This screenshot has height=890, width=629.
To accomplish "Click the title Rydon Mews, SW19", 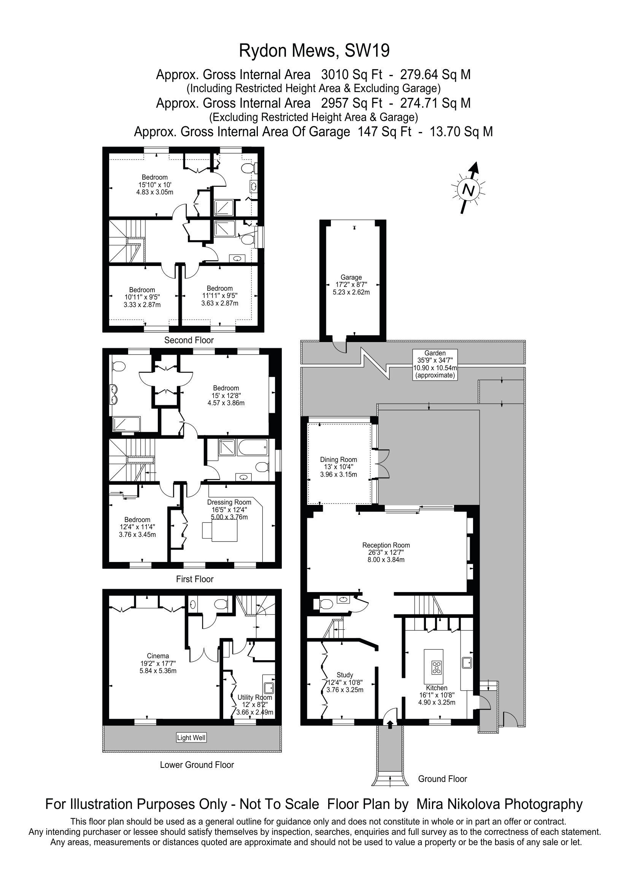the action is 314,51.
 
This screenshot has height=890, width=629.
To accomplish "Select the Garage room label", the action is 351,285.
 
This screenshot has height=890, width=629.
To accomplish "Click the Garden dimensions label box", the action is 435,365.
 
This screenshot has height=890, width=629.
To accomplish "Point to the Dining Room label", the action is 338,467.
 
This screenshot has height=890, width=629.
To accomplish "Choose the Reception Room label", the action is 386,552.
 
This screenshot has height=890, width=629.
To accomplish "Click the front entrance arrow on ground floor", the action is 390,724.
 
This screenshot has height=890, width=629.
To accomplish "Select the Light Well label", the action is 191,738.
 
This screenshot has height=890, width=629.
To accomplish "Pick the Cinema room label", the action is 158,663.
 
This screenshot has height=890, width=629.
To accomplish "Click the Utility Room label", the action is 255,705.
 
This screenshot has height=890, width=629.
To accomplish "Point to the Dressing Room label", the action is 229,509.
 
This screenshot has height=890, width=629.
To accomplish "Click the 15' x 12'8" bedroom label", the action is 226,395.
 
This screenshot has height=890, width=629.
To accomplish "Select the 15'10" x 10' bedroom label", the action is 154,185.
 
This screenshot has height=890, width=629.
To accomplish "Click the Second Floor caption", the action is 189,340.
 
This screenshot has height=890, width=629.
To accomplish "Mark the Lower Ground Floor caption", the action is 197,765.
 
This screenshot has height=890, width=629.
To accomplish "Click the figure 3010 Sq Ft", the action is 352,75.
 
